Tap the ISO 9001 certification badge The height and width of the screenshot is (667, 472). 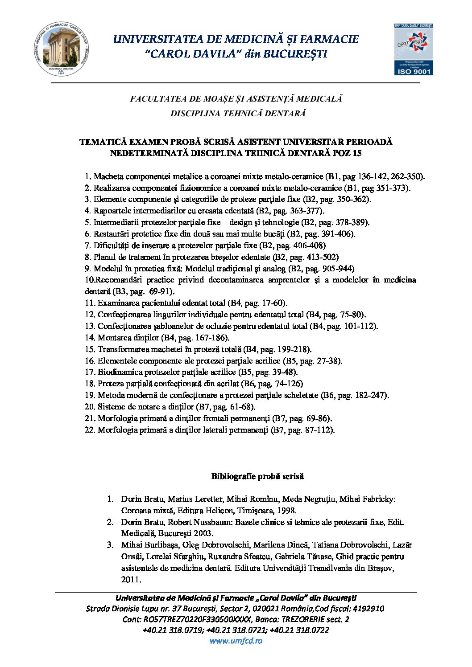coord(414,49)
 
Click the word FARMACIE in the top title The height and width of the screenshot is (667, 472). coord(329,39)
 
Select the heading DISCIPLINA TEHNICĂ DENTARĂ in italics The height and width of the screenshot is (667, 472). coord(238,113)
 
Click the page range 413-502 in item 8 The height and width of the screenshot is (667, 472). coord(323,257)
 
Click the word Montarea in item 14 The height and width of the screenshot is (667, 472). coord(113,338)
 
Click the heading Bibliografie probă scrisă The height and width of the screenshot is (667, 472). coord(257,476)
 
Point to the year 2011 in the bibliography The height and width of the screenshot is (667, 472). coord(130,580)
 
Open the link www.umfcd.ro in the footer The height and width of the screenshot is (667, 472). coord(236,641)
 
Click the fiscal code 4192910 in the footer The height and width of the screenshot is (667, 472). coord(368,609)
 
